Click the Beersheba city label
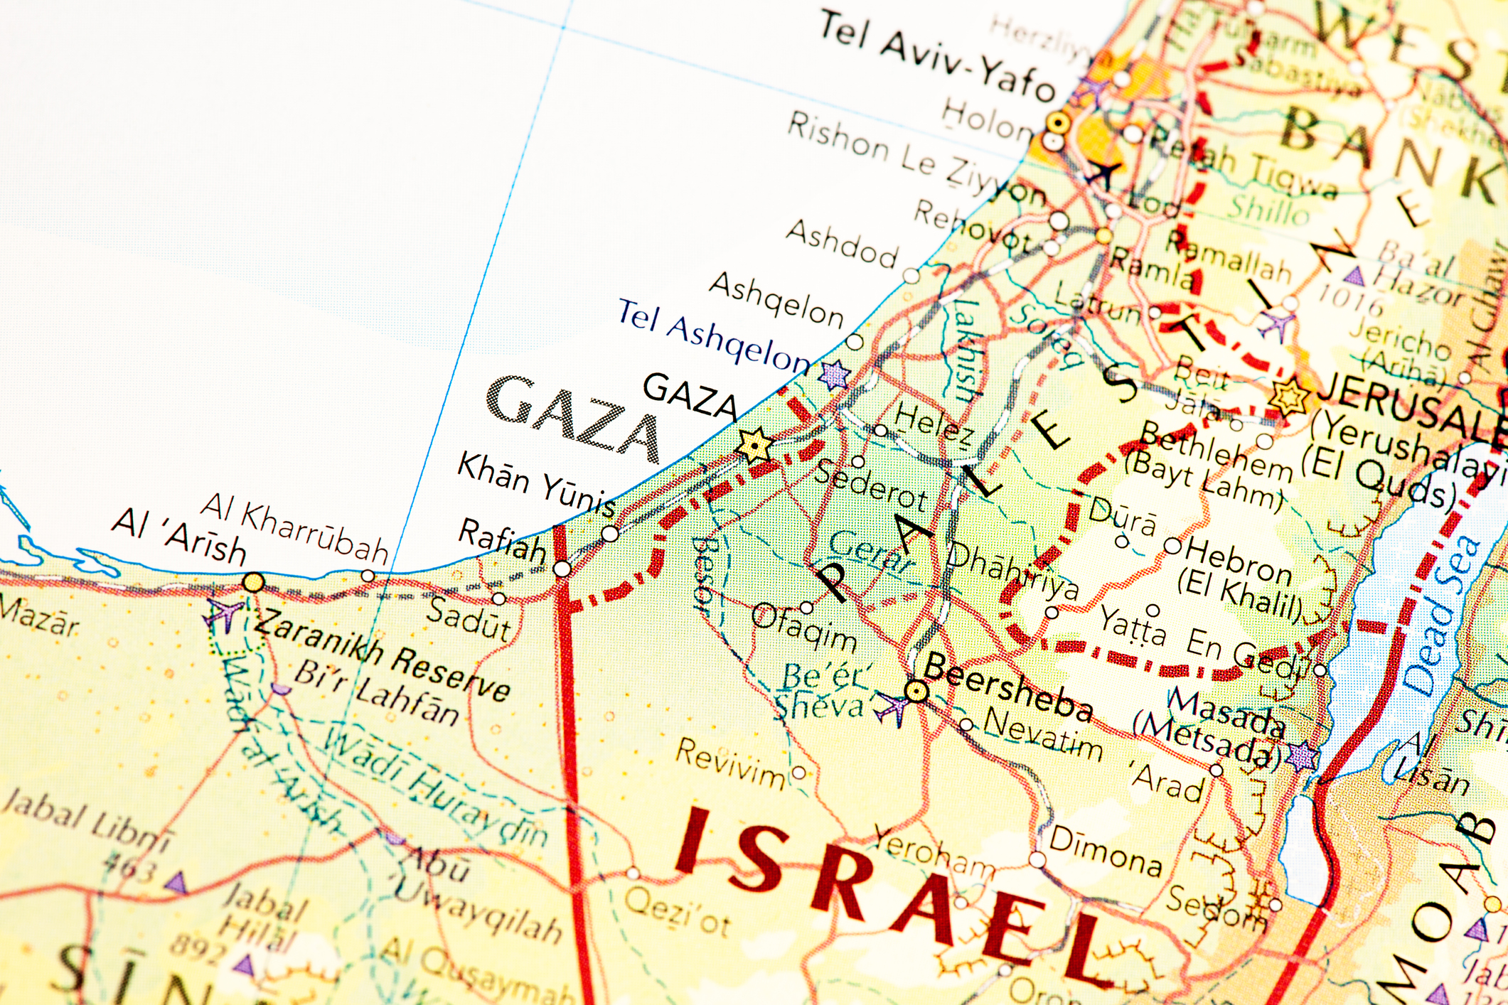pyautogui.click(x=1008, y=687)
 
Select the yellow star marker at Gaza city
pyautogui.click(x=754, y=446)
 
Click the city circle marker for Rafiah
pyautogui.click(x=562, y=569)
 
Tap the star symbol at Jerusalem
pyautogui.click(x=1289, y=395)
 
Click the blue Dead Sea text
pyautogui.click(x=1442, y=615)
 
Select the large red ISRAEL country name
pyautogui.click(x=889, y=892)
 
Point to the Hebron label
pyautogui.click(x=1238, y=561)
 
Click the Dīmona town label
pyautogui.click(x=1106, y=851)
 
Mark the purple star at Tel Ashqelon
pyautogui.click(x=834, y=374)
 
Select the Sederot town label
pyautogui.click(x=872, y=485)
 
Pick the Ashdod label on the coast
pyautogui.click(x=842, y=244)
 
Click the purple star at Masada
pyautogui.click(x=1303, y=756)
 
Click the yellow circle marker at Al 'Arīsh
pyautogui.click(x=253, y=584)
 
